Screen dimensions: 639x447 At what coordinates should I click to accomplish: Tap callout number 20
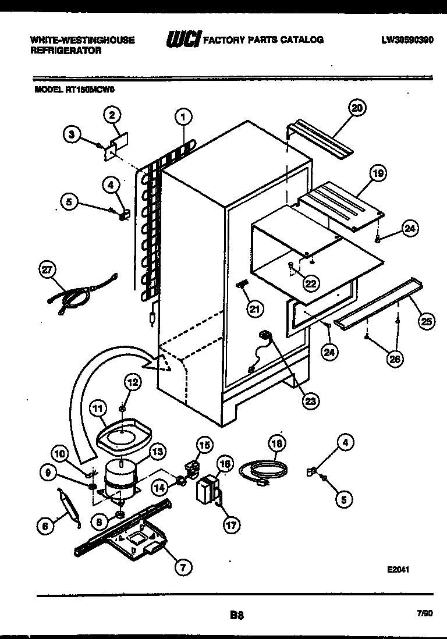(x=357, y=107)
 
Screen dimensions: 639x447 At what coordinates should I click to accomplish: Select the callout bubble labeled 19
(x=378, y=173)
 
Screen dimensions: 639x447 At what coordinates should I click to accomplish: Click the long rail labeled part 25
(x=381, y=302)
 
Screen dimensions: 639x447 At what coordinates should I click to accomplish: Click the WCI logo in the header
(x=183, y=40)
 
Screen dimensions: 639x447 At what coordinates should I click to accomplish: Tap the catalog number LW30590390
(x=407, y=40)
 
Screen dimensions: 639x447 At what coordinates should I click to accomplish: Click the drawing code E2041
(x=398, y=570)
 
